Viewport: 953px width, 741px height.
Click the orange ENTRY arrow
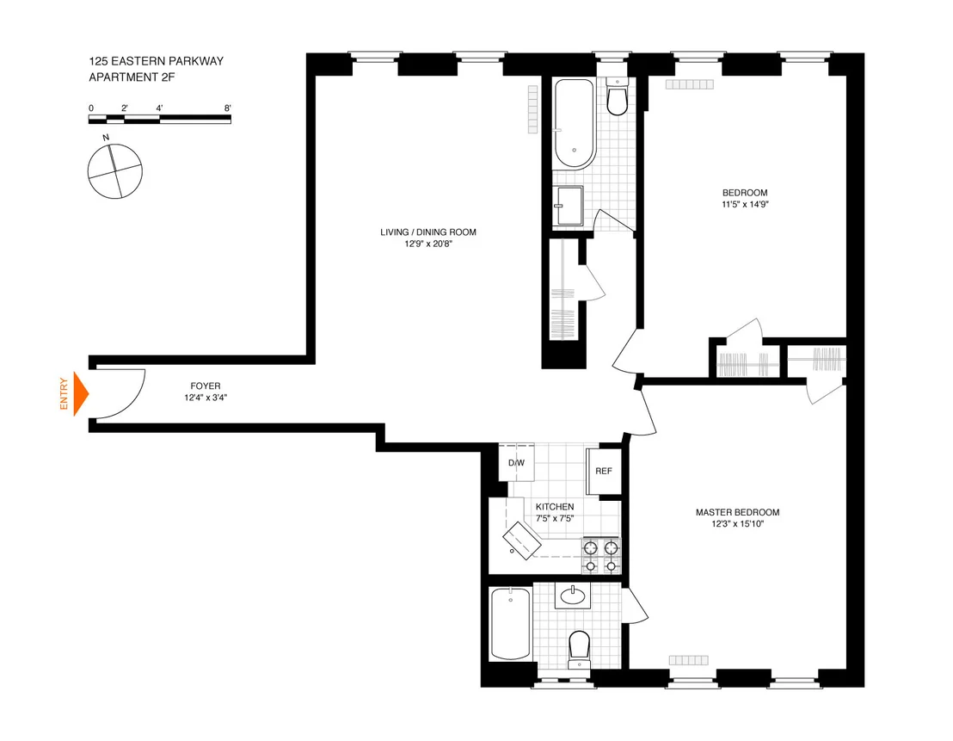[x=81, y=394]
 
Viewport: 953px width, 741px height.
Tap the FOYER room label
[x=206, y=386]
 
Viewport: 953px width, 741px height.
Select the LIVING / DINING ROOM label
[x=428, y=232]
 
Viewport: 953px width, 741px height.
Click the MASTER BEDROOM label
[x=737, y=512]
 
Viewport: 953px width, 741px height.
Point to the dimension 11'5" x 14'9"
[x=745, y=205]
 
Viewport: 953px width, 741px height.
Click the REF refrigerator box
[x=604, y=472]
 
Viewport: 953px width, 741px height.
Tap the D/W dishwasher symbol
[x=517, y=463]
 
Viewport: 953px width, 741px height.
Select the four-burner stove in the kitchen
[x=601, y=555]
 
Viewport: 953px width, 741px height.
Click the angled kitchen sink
[x=522, y=540]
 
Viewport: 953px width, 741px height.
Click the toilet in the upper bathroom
[x=617, y=96]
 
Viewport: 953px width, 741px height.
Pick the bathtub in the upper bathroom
[x=575, y=124]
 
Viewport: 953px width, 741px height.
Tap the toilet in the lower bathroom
[x=579, y=650]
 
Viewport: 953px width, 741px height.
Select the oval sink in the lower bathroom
[x=573, y=595]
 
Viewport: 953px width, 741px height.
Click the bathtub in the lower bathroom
[x=511, y=623]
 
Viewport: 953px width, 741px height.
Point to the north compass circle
[x=115, y=171]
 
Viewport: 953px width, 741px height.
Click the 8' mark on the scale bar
[x=227, y=108]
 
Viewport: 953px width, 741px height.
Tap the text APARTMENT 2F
[x=132, y=77]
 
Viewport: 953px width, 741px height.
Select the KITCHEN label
[x=555, y=507]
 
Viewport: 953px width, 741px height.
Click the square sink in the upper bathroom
[x=568, y=206]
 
